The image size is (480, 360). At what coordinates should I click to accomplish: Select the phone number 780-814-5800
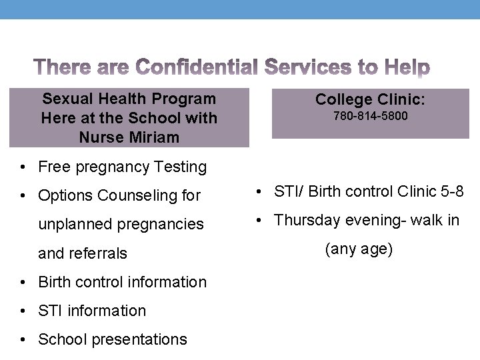(370, 117)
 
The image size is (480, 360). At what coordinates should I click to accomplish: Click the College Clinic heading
(370, 99)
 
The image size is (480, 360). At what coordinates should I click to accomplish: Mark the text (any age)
(359, 249)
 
